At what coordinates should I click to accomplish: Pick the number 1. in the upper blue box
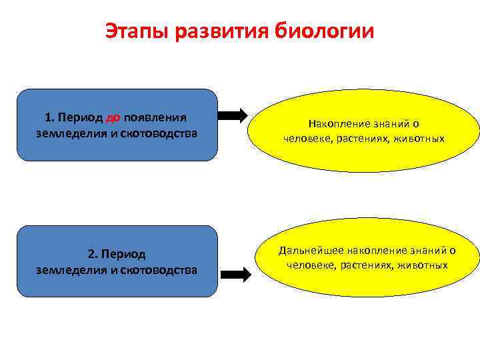point(49,118)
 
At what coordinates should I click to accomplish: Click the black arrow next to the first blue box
point(233,115)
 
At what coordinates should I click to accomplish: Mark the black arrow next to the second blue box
point(235,273)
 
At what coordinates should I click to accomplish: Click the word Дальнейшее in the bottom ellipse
point(305,251)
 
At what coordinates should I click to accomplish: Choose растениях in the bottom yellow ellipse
point(368,265)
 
